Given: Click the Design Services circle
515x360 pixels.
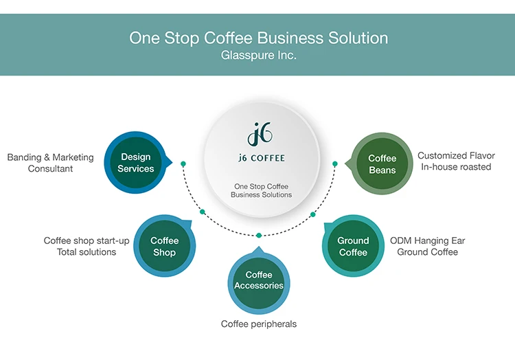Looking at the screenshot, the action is (x=136, y=163).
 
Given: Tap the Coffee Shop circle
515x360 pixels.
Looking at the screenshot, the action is (x=164, y=247).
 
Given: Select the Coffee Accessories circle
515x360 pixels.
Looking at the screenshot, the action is (x=259, y=280).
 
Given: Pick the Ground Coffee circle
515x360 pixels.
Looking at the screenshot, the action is (x=353, y=247).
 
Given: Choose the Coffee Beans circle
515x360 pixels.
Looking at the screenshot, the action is (x=382, y=164).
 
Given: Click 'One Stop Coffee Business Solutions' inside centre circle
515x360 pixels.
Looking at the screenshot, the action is (x=261, y=190).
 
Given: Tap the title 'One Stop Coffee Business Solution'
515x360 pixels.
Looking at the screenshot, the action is (x=258, y=38).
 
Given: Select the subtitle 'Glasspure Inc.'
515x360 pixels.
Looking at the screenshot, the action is (x=258, y=56).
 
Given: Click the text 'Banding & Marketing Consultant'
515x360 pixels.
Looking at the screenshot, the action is (x=50, y=163).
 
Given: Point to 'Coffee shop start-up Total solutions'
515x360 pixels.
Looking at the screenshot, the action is (x=87, y=247).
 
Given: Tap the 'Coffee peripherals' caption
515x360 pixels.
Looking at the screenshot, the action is (x=259, y=324).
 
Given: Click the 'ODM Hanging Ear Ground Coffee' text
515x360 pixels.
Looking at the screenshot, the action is (x=427, y=247).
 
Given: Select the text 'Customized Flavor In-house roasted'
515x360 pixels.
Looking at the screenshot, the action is (x=456, y=161).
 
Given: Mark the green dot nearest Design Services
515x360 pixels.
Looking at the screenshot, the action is (x=183, y=164).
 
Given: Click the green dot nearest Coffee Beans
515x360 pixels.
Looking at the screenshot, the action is (x=335, y=164).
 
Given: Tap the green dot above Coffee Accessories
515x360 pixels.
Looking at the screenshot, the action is (x=259, y=235).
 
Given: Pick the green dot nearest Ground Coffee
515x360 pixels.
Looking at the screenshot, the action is (x=312, y=214).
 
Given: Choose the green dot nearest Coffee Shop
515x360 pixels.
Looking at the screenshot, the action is (x=203, y=212).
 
